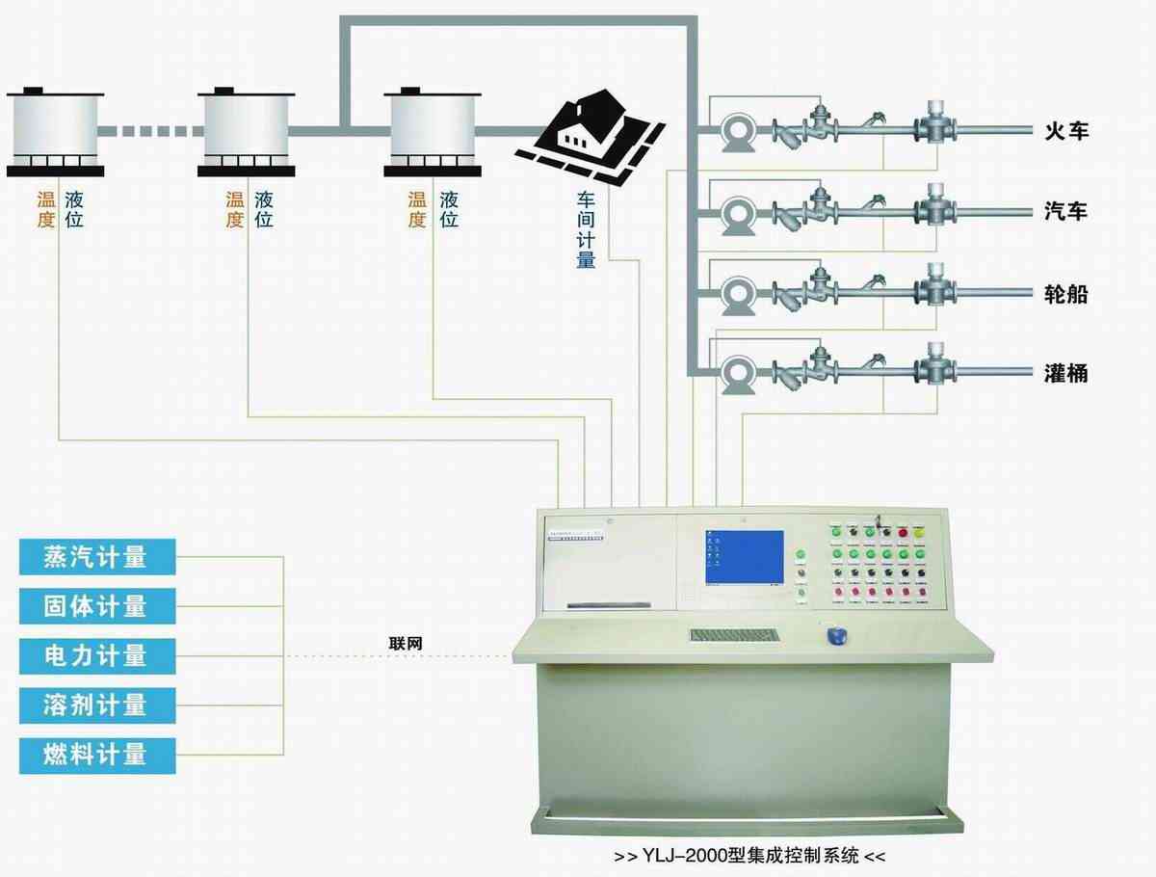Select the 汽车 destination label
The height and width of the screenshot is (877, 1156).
[1065, 212]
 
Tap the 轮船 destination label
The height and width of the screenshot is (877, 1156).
[1065, 294]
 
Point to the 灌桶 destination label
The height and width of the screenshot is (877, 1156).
[1065, 373]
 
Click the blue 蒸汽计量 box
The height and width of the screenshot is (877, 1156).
[97, 557]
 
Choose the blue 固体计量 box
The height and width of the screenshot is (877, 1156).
[97, 606]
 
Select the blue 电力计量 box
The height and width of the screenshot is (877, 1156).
[97, 655]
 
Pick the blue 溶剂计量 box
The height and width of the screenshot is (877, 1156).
[97, 704]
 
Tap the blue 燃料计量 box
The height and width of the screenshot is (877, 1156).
[97, 754]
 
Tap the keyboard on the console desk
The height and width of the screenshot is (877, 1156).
[734, 635]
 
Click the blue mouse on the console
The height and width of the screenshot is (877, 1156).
[837, 636]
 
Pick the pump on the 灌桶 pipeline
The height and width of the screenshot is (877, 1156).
[739, 375]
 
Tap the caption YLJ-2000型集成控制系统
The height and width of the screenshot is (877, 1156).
[749, 856]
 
